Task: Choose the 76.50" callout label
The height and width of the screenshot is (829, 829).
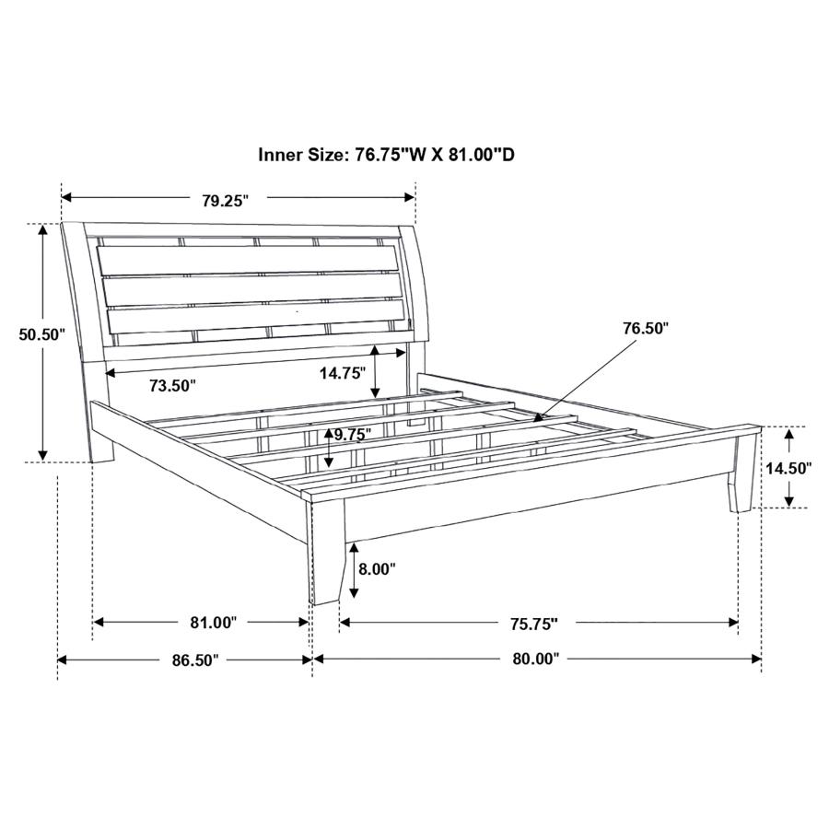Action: pos(645,327)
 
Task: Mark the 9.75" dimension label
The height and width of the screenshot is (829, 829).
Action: pos(352,434)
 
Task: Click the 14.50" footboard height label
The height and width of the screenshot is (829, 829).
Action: pos(788,468)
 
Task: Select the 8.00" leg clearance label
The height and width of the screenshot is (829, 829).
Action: pos(377,569)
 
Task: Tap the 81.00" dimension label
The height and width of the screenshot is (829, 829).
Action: pos(214,623)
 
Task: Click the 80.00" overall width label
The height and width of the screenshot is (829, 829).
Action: pos(537,660)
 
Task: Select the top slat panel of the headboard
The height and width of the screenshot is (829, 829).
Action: pos(251,260)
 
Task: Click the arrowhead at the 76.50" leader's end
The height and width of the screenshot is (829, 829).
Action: pos(537,419)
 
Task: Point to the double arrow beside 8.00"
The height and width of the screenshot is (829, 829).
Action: pos(354,569)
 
